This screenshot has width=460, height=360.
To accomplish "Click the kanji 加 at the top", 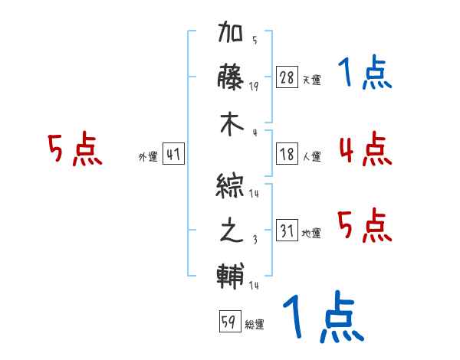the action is click(231, 34).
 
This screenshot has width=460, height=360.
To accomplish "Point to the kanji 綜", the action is click(231, 185).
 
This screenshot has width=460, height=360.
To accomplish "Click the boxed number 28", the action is click(287, 78).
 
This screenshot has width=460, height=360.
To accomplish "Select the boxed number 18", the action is click(287, 155).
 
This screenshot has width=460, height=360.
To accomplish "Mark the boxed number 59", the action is click(228, 322).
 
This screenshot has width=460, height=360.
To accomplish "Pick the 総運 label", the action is click(255, 325).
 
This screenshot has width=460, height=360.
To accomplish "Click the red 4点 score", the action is click(365, 149).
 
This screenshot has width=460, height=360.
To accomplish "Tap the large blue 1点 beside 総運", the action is click(322, 318).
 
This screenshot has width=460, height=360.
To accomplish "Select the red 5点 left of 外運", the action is click(74, 149).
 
